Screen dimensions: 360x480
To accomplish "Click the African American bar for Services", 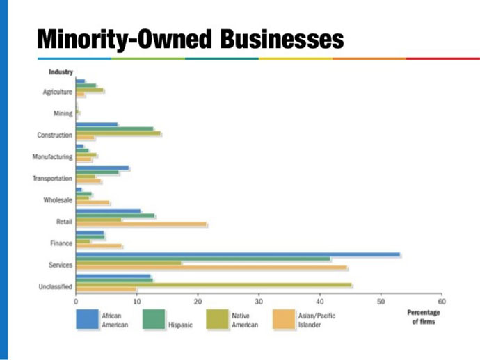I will [237, 254].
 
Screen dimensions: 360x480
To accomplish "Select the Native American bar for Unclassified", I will [214, 285].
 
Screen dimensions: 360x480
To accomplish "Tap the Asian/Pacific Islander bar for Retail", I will [141, 224].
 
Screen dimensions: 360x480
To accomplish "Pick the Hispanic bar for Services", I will [202, 259].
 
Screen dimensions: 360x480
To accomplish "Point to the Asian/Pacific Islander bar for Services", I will [211, 268].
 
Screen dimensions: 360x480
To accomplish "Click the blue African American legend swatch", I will [86, 320].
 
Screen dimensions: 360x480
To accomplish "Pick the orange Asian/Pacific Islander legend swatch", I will [285, 320].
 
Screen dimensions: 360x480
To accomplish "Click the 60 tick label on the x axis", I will [442, 302].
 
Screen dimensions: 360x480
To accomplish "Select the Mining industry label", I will [63, 113].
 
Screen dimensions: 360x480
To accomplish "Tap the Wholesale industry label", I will [58, 200].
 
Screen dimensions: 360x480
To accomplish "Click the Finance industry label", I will [61, 244].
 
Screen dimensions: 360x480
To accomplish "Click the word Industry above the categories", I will [61, 72].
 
